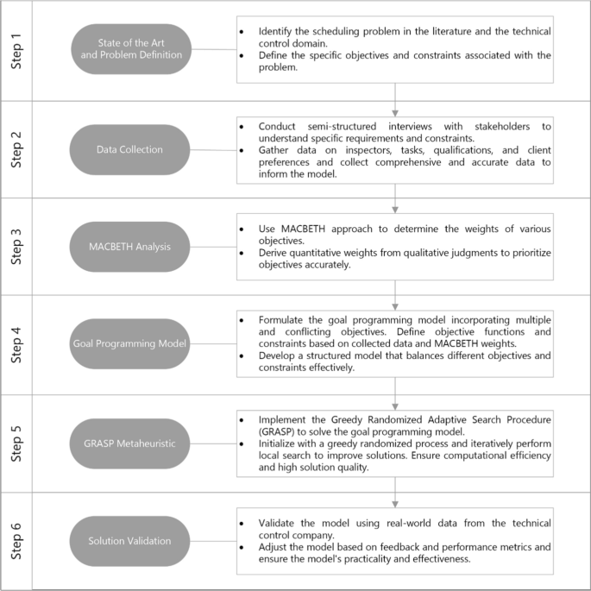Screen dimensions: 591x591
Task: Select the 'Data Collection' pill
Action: point(129,149)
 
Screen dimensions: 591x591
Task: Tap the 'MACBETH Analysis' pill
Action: point(129,247)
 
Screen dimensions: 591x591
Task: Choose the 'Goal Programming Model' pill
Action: point(129,343)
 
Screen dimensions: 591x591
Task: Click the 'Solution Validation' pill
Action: point(129,540)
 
